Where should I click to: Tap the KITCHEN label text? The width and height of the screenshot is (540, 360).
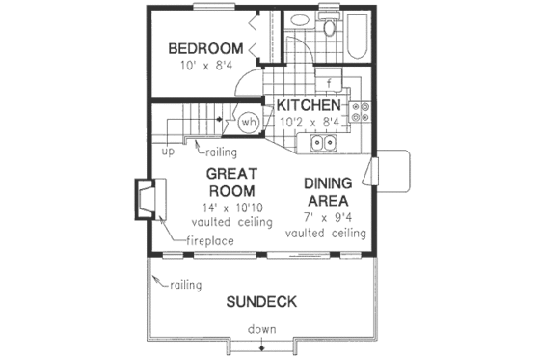click(x=308, y=104)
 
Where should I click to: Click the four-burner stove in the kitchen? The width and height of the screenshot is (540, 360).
click(x=364, y=113)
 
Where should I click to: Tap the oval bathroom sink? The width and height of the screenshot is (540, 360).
click(x=329, y=27)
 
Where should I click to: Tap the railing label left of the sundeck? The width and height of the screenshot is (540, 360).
click(x=186, y=286)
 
